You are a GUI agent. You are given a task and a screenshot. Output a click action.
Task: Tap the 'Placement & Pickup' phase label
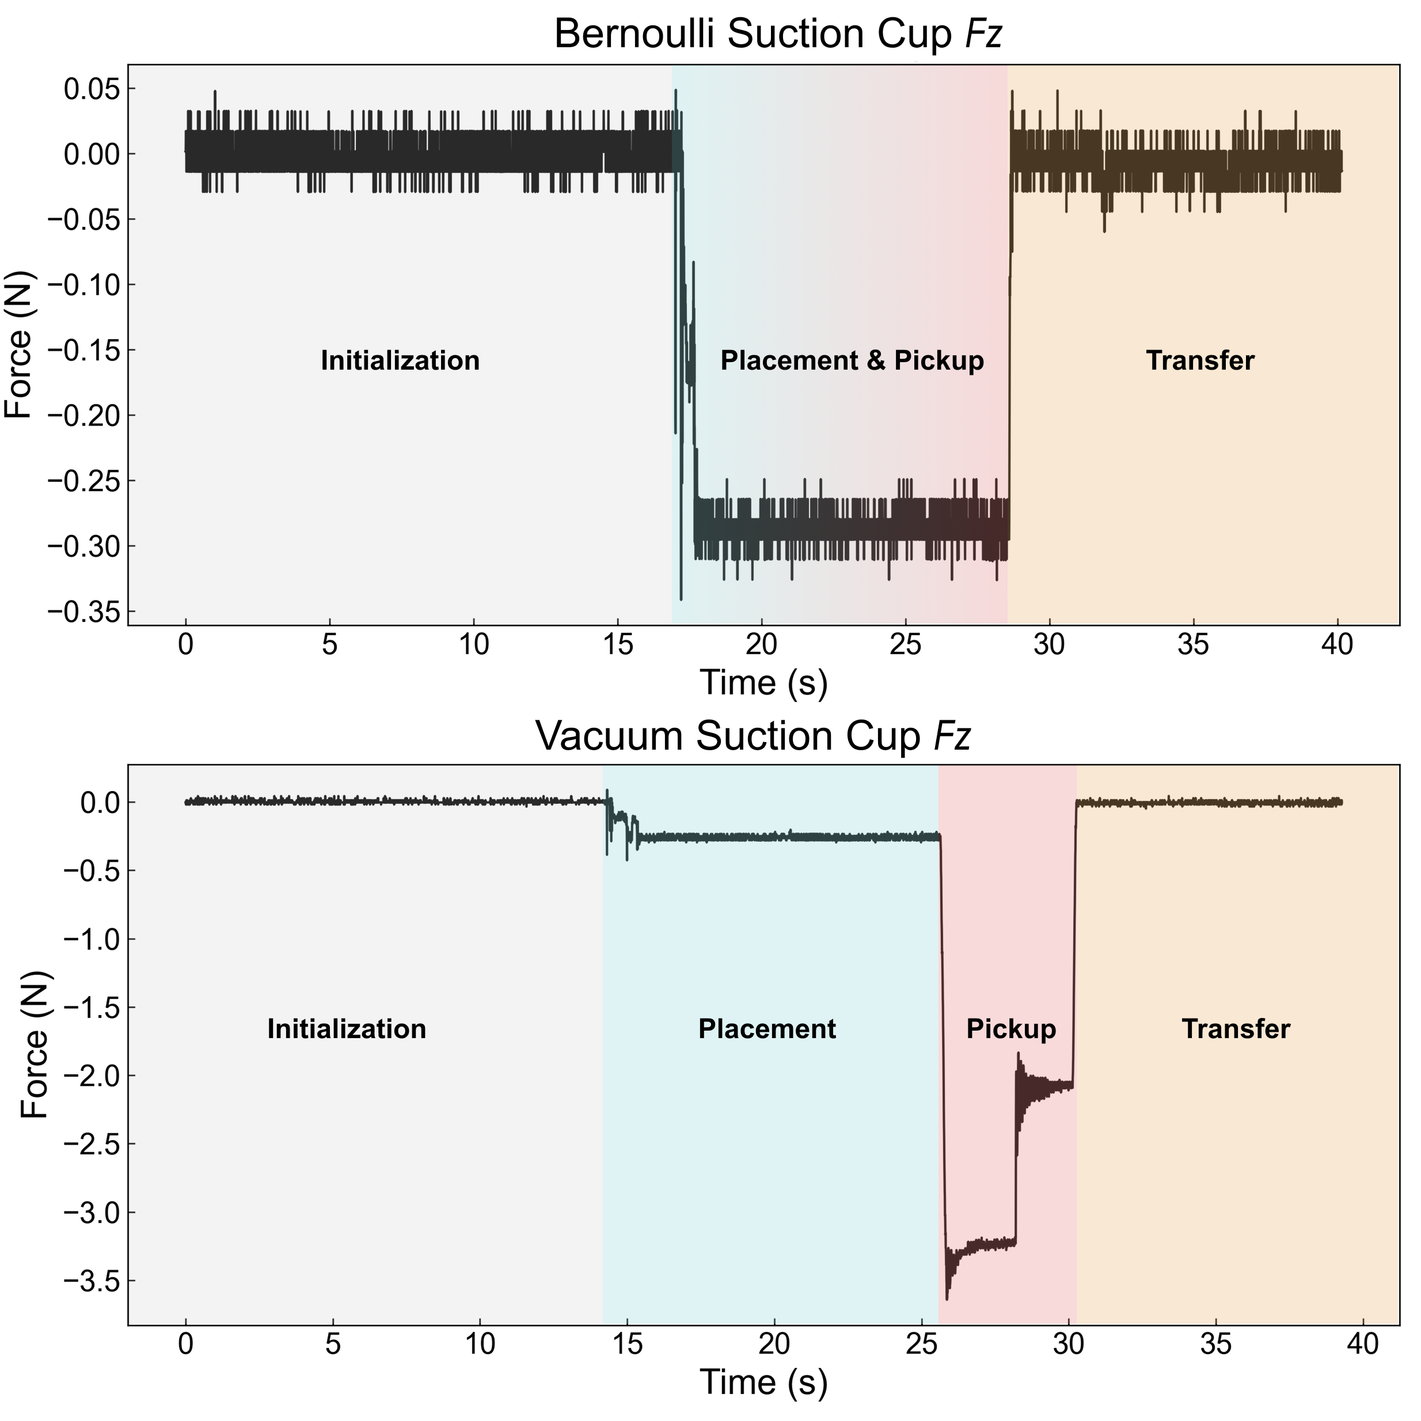tap(852, 360)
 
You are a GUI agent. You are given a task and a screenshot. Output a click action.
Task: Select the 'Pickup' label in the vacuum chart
tap(1010, 1029)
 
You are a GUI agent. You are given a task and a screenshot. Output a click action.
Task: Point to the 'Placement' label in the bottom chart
tap(766, 1029)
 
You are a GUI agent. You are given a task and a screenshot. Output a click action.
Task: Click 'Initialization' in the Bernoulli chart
tap(400, 360)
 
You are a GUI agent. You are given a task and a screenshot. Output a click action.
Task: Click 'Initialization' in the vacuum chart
tap(347, 1029)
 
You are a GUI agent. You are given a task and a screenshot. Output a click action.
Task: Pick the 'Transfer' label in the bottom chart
tap(1236, 1029)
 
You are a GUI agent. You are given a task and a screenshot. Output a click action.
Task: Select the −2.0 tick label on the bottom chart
tap(89, 1076)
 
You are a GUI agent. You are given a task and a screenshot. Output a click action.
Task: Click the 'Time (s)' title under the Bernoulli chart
tap(763, 682)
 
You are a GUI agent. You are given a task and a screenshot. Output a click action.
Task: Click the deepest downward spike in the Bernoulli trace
tap(681, 599)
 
